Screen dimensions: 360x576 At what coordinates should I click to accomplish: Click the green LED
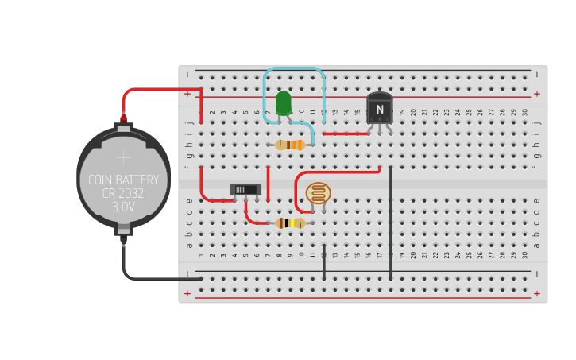point(283,103)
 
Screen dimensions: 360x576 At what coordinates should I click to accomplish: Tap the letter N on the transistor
point(380,109)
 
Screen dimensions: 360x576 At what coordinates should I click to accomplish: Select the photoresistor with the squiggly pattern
point(319,193)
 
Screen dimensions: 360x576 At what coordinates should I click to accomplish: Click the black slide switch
point(245,190)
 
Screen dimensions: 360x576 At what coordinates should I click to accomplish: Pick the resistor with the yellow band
point(291,223)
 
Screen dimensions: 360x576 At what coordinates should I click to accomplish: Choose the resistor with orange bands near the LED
point(290,145)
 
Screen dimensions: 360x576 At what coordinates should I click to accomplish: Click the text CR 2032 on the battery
point(123,193)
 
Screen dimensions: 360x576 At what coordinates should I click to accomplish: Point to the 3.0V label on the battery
point(123,207)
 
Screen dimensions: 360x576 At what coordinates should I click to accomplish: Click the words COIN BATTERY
point(123,180)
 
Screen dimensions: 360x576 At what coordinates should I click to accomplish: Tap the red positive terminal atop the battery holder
point(123,118)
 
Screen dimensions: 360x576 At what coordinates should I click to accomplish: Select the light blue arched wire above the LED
point(294,69)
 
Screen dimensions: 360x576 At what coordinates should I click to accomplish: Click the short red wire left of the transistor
point(345,134)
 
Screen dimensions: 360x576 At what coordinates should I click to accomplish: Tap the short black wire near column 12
point(324,262)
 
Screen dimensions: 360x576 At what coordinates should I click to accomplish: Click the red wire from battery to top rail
point(159,89)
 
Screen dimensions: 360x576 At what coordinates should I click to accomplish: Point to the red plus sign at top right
point(536,94)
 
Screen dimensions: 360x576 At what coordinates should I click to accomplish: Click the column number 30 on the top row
point(525,113)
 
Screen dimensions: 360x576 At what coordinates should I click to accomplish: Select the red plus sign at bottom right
point(536,294)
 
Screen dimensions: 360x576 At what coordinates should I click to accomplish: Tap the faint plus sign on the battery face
point(123,157)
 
